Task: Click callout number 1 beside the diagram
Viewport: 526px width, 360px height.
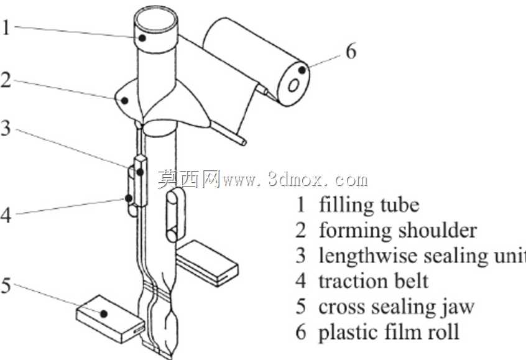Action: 6,27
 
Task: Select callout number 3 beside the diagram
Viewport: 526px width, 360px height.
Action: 6,129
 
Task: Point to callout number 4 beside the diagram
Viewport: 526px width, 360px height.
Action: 6,215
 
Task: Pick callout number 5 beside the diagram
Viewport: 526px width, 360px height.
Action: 6,286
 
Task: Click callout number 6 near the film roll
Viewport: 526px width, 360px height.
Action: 351,52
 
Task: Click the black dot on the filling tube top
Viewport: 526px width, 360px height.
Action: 142,38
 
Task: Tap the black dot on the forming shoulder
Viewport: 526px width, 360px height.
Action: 124,100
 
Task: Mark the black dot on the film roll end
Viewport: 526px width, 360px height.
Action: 302,70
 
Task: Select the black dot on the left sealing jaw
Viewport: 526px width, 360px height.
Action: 104,314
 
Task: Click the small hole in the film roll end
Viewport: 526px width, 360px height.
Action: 293,86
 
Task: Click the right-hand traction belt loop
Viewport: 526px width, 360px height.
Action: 175,215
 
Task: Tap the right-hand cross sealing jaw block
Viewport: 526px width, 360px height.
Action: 207,263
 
